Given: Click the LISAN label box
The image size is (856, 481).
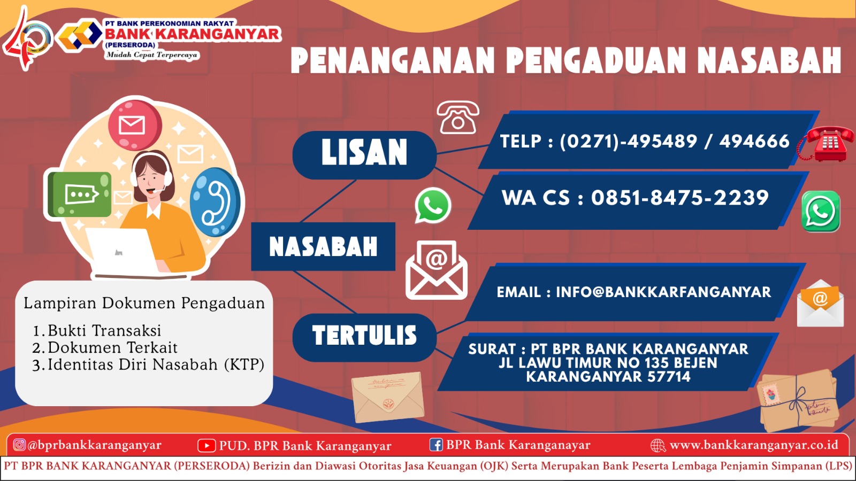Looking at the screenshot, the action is (x=364, y=155).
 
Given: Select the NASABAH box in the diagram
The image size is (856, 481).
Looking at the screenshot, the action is (x=323, y=246).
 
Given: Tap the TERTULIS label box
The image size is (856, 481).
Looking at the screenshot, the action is (x=364, y=337).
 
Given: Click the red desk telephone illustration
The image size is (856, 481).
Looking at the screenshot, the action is (x=826, y=144).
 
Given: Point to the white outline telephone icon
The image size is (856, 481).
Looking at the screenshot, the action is (x=458, y=117).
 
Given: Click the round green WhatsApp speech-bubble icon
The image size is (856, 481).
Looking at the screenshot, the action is (x=433, y=205).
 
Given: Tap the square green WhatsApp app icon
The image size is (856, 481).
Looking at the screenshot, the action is (x=821, y=212).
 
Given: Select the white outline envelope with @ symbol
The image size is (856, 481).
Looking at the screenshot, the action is (x=437, y=270).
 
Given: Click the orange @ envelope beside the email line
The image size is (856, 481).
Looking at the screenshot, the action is (x=820, y=304).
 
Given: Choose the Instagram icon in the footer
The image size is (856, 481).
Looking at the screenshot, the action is (x=19, y=445).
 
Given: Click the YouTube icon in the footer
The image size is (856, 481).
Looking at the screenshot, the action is (x=207, y=446).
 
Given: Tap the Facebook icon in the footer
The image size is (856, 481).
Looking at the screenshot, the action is (x=436, y=445).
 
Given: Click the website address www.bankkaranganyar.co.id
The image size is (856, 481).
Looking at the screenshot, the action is (x=754, y=445).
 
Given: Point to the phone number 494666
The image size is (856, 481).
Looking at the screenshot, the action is (x=754, y=141).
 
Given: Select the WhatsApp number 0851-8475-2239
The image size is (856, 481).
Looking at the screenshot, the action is (x=680, y=198).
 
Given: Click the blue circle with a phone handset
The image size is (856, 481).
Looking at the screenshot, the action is (x=216, y=202).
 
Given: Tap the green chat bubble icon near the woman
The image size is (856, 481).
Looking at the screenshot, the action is (x=80, y=194).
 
